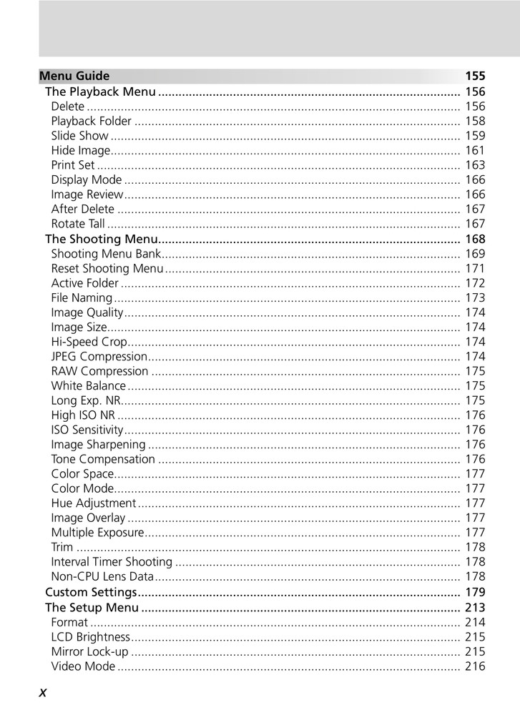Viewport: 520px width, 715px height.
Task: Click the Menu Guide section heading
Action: [74, 76]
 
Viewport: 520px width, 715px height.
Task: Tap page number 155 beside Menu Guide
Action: [475, 76]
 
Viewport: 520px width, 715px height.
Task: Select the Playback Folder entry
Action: [92, 121]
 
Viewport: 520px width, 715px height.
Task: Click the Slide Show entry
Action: [80, 135]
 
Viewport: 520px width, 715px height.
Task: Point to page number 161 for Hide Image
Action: [475, 150]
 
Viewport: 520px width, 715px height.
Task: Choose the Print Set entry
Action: [73, 165]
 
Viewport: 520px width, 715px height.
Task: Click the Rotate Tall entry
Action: [78, 224]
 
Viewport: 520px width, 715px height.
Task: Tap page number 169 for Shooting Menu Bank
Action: [475, 254]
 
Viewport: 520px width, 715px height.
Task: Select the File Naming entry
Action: [82, 297]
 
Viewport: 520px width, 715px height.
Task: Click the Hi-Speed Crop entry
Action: [89, 342]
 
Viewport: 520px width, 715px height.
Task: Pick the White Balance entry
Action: [89, 386]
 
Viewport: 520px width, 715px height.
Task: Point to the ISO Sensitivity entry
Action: [87, 430]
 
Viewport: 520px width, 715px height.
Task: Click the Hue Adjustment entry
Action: [93, 503]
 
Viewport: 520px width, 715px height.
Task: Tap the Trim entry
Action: [62, 547]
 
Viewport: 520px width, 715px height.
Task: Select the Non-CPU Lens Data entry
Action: [102, 576]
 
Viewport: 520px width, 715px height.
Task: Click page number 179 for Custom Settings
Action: [475, 592]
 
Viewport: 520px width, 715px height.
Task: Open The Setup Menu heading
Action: [92, 608]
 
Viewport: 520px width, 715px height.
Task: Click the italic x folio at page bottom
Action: [43, 692]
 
